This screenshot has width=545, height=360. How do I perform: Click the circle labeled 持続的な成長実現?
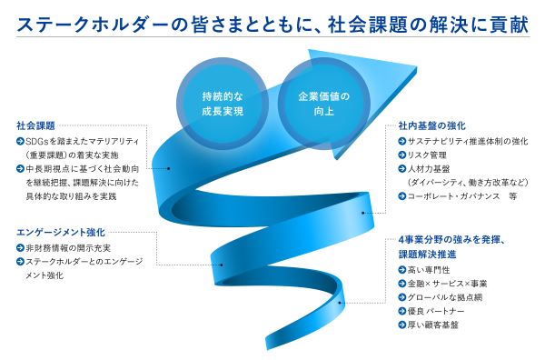(x=223, y=104)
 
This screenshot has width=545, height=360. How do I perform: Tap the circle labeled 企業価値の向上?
(x=324, y=104)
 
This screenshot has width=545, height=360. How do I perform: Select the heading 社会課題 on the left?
(x=35, y=125)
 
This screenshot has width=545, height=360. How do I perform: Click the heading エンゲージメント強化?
(x=61, y=232)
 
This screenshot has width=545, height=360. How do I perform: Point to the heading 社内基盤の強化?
(x=432, y=125)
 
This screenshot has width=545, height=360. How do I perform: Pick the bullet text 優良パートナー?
(x=436, y=311)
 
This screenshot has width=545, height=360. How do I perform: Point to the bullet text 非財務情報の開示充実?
(x=68, y=247)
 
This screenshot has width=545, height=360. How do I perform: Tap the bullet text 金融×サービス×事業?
(x=447, y=284)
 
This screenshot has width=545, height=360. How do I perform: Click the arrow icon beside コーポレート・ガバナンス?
(x=402, y=196)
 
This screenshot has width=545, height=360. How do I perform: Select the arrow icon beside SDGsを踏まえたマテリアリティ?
(x=20, y=141)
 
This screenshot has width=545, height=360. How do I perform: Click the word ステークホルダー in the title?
(x=97, y=25)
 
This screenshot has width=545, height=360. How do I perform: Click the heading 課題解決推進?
(x=427, y=255)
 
